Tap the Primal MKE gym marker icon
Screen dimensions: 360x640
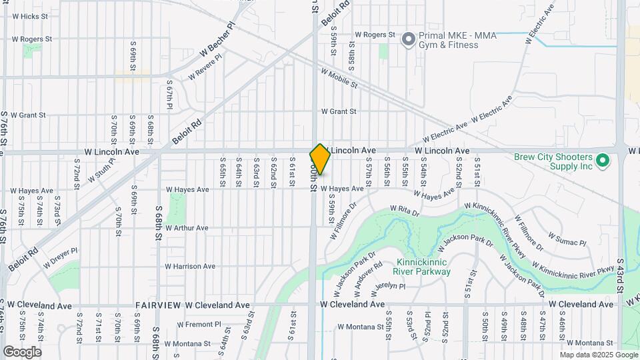point(408,39)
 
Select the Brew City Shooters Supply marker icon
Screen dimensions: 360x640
point(603,161)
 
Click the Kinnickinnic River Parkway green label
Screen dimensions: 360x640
point(424,267)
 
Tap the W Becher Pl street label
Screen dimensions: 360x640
point(217,42)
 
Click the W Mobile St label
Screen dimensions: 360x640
point(339,79)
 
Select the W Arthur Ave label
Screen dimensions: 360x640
point(187,228)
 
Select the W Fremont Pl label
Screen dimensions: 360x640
point(197,325)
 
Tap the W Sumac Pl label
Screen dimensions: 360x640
point(567,239)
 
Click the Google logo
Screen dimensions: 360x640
point(22,352)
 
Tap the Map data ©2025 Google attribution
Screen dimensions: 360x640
point(598,355)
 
